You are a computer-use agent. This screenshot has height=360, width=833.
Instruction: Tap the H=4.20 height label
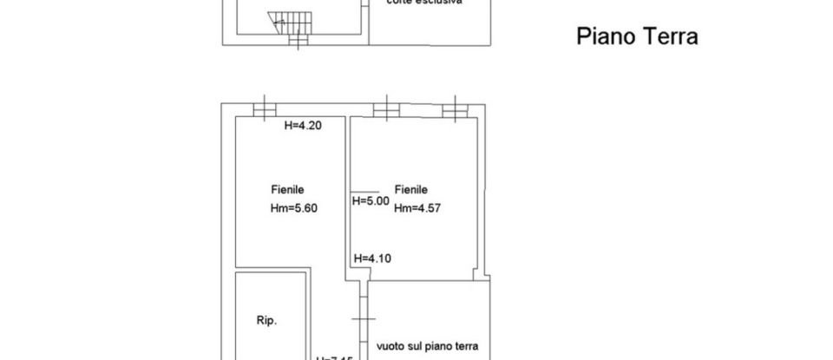304,126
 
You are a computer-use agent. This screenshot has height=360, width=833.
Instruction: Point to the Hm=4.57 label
416,208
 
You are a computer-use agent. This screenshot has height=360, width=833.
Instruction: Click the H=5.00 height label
370,201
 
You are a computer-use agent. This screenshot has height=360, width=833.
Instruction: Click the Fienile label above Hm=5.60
287,189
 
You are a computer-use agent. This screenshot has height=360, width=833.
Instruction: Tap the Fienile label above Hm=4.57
411,189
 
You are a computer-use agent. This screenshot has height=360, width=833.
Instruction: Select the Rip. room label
266,321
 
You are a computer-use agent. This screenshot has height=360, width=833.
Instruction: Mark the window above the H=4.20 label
264,108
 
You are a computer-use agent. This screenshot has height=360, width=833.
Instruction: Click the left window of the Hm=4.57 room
385,108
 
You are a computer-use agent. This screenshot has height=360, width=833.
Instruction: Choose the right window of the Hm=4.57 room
454,108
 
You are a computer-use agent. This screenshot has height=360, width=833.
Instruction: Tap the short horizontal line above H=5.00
364,191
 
